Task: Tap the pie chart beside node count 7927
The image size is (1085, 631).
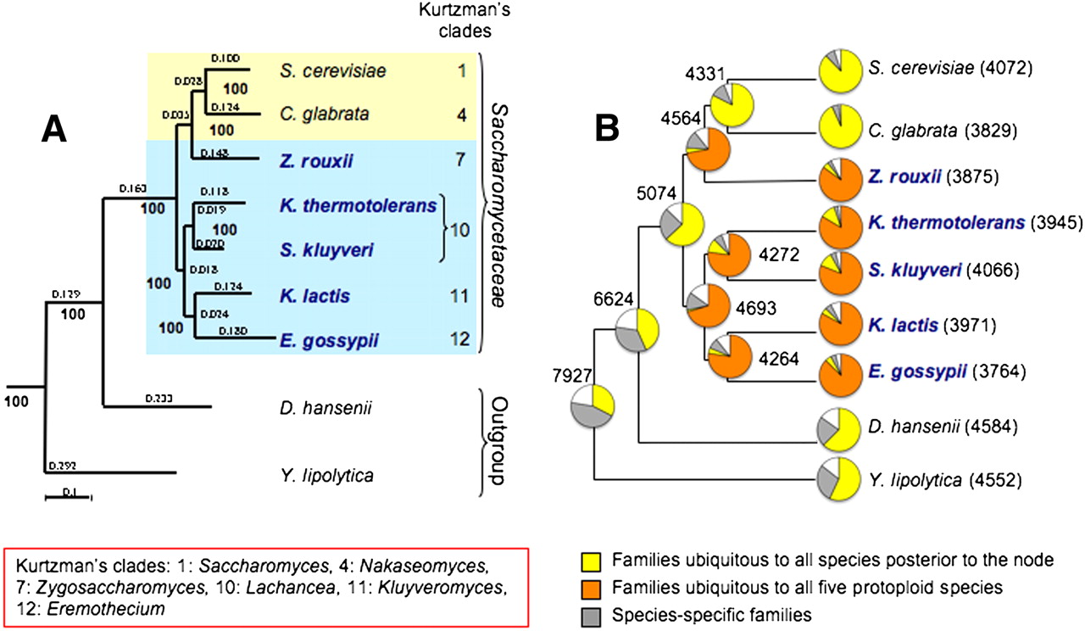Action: [592, 406]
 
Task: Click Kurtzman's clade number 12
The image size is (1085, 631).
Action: [457, 341]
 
